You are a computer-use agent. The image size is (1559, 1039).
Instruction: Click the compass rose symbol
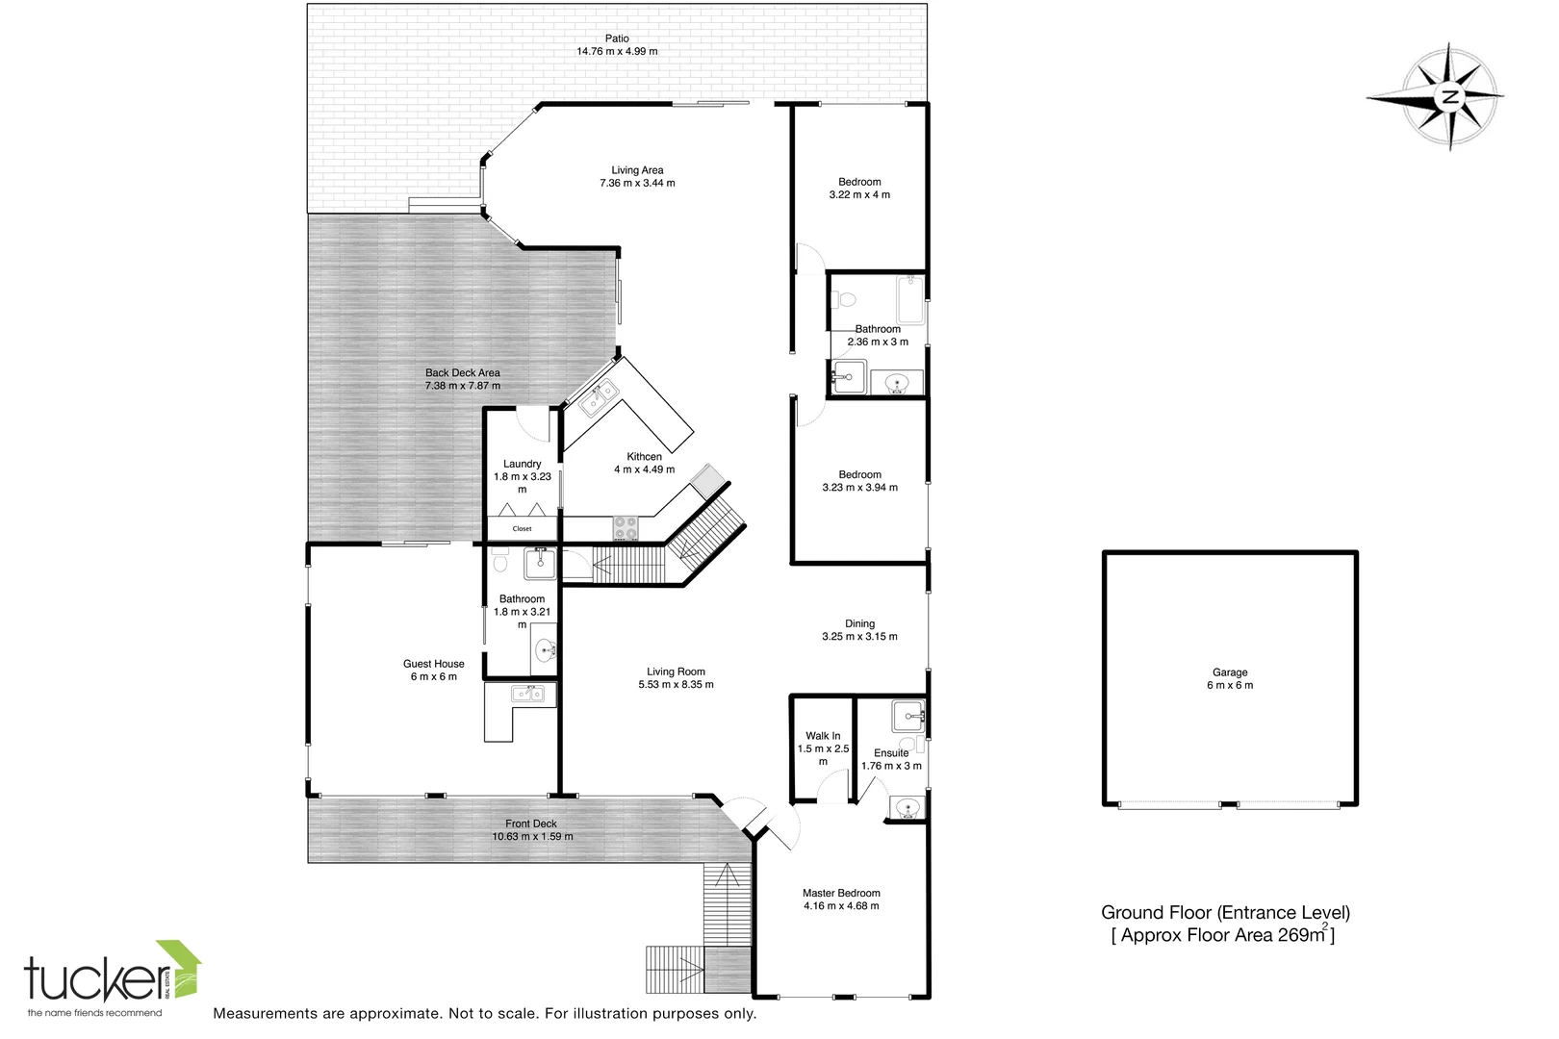pyautogui.click(x=1448, y=96)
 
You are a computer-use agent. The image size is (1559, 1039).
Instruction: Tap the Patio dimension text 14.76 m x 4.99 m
pyautogui.click(x=617, y=52)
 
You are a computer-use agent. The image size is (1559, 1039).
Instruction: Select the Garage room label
pyautogui.click(x=1229, y=673)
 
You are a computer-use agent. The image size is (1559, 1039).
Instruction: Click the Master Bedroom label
pyautogui.click(x=841, y=893)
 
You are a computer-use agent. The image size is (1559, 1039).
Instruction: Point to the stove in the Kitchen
pyautogui.click(x=626, y=528)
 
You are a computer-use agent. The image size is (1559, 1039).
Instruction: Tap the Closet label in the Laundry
pyautogui.click(x=522, y=529)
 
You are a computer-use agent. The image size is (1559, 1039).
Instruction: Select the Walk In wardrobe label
pyautogui.click(x=823, y=736)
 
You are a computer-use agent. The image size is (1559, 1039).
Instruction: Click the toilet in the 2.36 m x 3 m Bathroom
pyautogui.click(x=844, y=299)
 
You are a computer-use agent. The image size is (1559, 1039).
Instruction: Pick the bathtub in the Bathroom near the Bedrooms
pyautogui.click(x=909, y=299)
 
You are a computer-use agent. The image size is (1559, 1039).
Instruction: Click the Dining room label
pyautogui.click(x=859, y=623)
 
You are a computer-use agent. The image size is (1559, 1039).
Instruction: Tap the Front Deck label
pyautogui.click(x=531, y=824)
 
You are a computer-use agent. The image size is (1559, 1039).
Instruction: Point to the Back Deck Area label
pyautogui.click(x=462, y=373)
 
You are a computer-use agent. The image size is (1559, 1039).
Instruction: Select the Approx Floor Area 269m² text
pyautogui.click(x=1223, y=935)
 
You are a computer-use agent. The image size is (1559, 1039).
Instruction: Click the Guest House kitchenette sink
pyautogui.click(x=526, y=693)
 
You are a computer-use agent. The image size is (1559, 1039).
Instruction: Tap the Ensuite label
pyautogui.click(x=891, y=753)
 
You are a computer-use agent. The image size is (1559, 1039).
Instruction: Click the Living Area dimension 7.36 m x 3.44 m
pyautogui.click(x=637, y=183)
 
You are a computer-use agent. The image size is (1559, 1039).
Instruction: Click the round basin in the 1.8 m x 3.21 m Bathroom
pyautogui.click(x=546, y=651)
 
